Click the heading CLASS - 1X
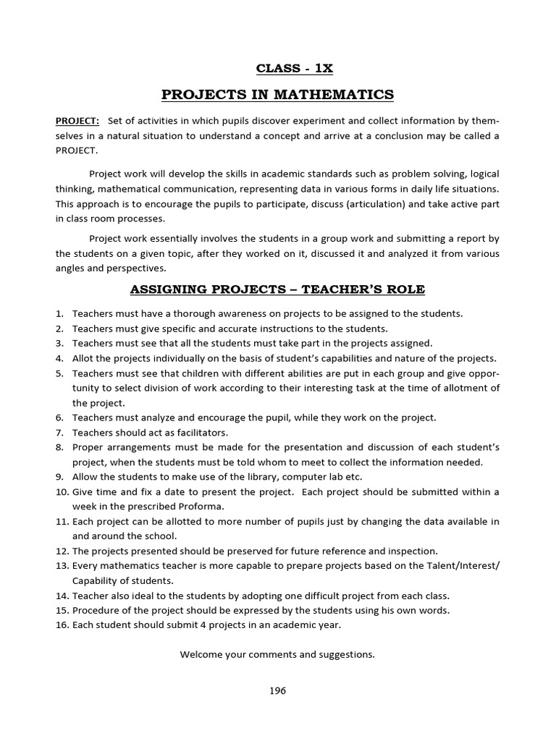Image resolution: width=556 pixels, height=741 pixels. pyautogui.click(x=294, y=69)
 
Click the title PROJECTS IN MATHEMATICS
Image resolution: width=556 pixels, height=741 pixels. pyautogui.click(x=277, y=95)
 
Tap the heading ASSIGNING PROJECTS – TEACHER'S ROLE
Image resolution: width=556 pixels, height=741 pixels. pyautogui.click(x=277, y=290)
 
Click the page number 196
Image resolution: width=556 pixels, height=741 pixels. pyautogui.click(x=277, y=690)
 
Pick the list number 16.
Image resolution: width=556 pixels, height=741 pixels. pyautogui.click(x=62, y=625)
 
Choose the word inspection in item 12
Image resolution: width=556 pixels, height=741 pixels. pyautogui.click(x=411, y=551)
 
